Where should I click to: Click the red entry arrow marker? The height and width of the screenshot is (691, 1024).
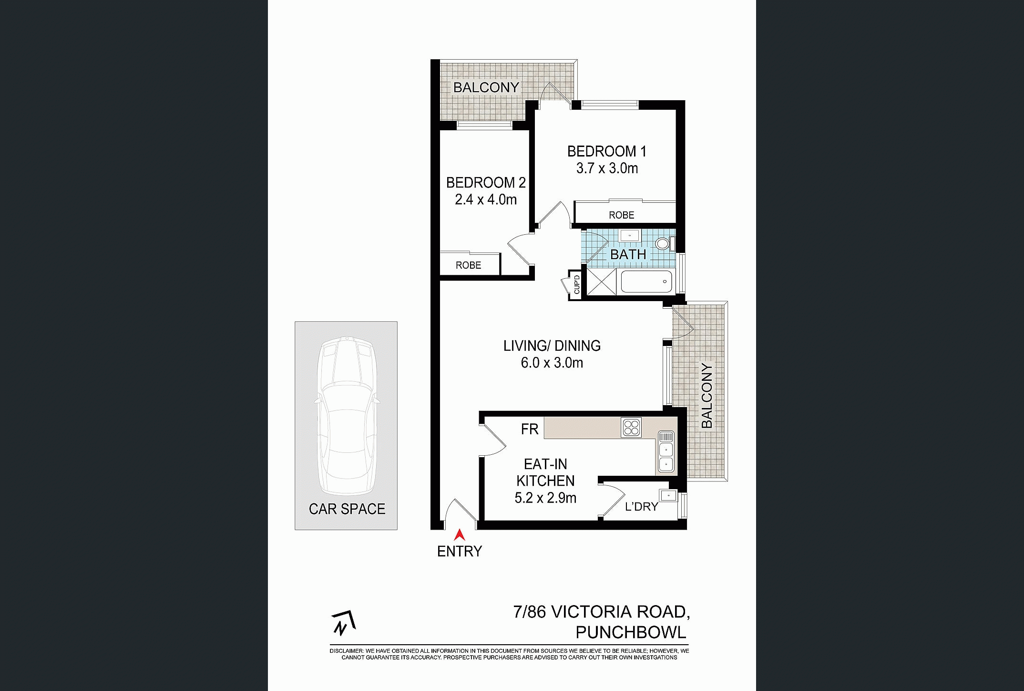pos(460,534)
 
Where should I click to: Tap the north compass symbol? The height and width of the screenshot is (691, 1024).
pos(343,623)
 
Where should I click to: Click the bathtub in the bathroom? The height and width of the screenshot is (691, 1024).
pos(647,282)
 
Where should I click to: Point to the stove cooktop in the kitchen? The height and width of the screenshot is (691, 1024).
pos(631,427)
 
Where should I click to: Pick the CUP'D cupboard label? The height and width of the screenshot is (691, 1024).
pos(576,284)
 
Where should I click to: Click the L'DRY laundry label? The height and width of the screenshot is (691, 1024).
pos(641,506)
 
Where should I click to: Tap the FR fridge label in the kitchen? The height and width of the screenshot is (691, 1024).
pos(530,429)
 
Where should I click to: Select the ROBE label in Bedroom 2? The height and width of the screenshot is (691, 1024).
pos(468,265)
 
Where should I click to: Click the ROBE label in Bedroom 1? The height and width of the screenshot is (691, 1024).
pos(621,215)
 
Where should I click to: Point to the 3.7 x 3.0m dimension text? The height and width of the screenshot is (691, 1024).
pos(607,168)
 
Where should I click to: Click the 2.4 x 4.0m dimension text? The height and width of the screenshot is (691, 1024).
pos(486,199)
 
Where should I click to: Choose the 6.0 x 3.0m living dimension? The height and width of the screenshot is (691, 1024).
pos(552,363)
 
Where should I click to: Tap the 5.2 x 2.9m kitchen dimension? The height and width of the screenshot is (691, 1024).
pos(545,498)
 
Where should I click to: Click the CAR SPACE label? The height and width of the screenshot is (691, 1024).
pos(347,509)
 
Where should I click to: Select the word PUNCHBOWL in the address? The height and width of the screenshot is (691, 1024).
pos(631,632)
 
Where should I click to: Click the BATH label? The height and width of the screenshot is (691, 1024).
pos(628,254)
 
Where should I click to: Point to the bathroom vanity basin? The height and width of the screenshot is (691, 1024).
pos(630,235)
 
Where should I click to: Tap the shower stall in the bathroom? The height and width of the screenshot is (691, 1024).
pos(601,282)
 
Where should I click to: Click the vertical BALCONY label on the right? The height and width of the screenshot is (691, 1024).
pos(707,395)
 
